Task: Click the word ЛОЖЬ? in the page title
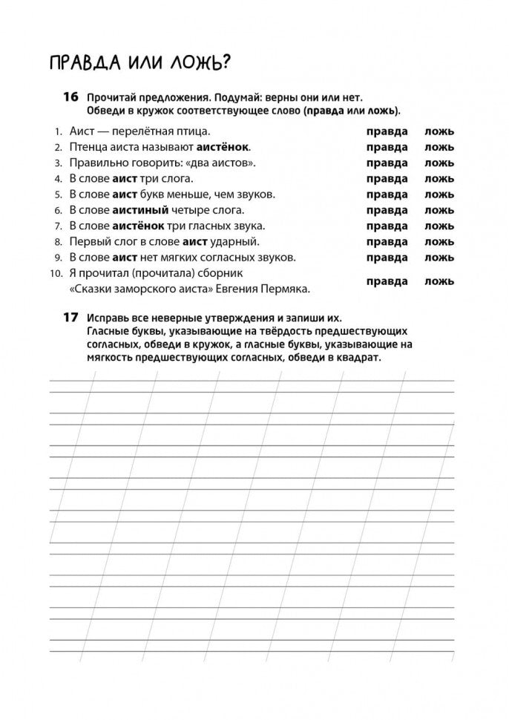coord(191,64)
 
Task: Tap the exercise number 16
coord(70,97)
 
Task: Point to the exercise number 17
coord(70,317)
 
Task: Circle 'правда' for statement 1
coord(387,131)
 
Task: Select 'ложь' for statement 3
coord(439,163)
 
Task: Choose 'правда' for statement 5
coord(387,194)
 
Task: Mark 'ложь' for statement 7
coord(439,226)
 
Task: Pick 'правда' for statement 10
coord(387,281)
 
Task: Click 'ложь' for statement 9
coord(439,258)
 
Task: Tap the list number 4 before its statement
coord(57,179)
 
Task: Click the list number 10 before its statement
coord(56,273)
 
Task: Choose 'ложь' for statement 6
coord(439,210)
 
